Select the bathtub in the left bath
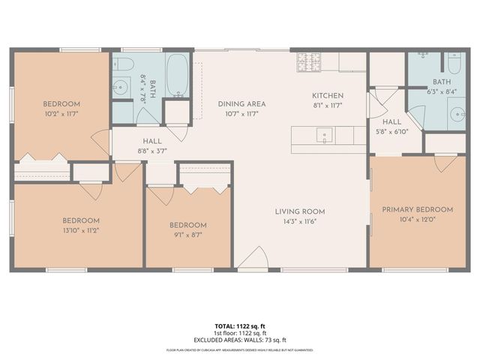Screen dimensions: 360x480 (x=178, y=76)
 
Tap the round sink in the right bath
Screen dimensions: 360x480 (x=457, y=113)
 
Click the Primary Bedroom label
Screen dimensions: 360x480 (x=418, y=209)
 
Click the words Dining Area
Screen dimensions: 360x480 (x=241, y=104)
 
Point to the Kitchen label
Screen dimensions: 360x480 (x=328, y=95)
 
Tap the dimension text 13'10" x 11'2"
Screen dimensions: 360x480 (x=81, y=230)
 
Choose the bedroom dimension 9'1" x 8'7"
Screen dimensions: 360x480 (x=187, y=235)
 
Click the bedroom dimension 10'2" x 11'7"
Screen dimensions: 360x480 (x=61, y=114)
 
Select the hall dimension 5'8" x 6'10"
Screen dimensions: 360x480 (x=392, y=131)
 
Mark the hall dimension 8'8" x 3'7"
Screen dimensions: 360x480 (x=152, y=151)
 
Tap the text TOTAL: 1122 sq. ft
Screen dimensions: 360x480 (x=240, y=326)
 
